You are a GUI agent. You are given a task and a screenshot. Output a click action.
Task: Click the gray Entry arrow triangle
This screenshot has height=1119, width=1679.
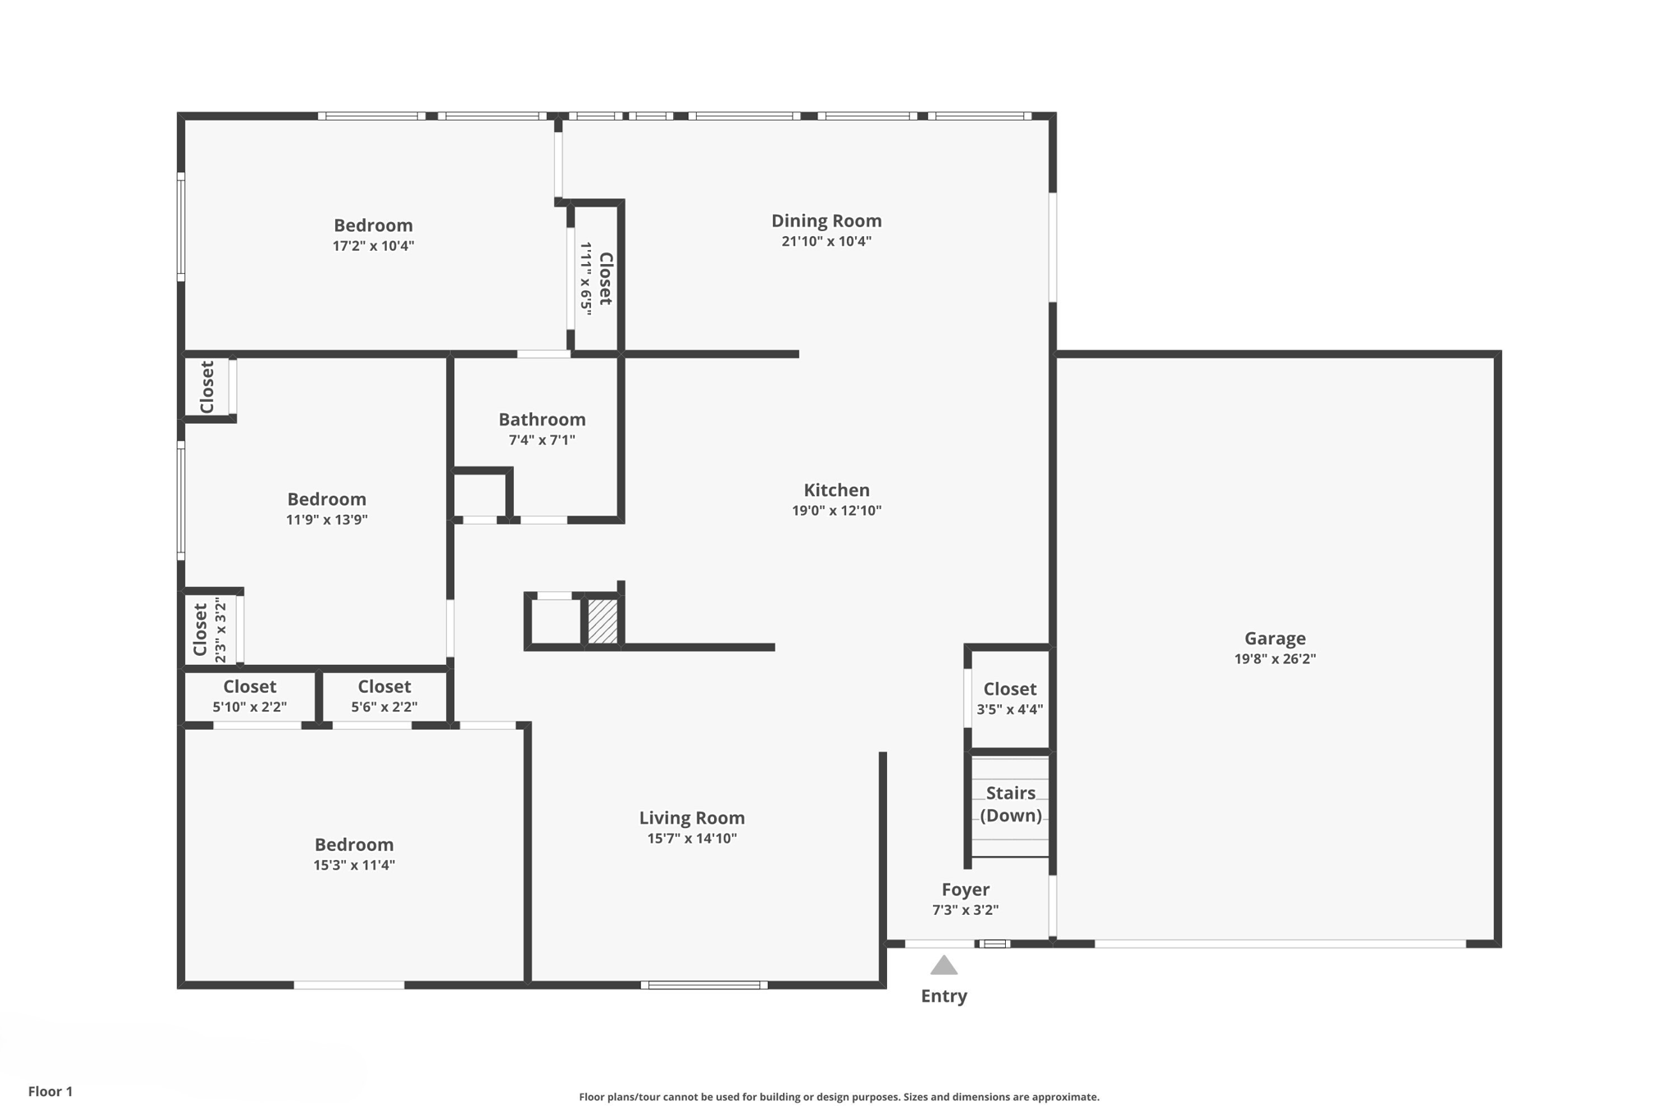coord(944,966)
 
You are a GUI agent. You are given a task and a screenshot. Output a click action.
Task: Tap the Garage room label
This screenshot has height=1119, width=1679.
coord(1274,639)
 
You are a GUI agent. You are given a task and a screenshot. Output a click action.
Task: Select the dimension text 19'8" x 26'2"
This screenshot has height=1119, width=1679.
coord(1274,659)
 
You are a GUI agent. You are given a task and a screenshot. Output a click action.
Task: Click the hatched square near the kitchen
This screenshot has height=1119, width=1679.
coord(603,621)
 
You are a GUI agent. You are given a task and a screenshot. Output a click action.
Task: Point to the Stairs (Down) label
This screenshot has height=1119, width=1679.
coord(1010,804)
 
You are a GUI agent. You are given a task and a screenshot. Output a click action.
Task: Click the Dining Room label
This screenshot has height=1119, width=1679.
coord(826,221)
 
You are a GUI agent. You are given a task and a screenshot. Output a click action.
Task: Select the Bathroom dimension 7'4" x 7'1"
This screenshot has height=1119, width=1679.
coord(541,440)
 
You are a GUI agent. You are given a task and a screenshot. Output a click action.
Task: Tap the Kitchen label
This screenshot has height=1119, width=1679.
coord(835,490)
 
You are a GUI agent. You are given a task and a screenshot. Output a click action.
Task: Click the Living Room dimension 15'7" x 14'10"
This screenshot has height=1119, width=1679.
coord(691,839)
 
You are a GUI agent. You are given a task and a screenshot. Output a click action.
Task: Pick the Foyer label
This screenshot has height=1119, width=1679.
coord(965,890)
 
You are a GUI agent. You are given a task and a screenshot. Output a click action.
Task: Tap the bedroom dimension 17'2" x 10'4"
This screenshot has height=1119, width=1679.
coord(373,246)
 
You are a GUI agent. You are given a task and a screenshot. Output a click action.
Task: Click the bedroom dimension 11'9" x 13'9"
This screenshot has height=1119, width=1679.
coord(326,520)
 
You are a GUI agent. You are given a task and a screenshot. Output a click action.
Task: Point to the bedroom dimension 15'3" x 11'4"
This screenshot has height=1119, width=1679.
coord(353,865)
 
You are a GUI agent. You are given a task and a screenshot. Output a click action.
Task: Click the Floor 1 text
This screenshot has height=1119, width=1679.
coord(50,1091)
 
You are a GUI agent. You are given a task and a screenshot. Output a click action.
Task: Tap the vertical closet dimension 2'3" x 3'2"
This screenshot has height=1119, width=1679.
coord(220,630)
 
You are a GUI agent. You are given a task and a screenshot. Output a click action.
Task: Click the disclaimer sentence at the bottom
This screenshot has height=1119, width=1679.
coord(839,1097)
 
